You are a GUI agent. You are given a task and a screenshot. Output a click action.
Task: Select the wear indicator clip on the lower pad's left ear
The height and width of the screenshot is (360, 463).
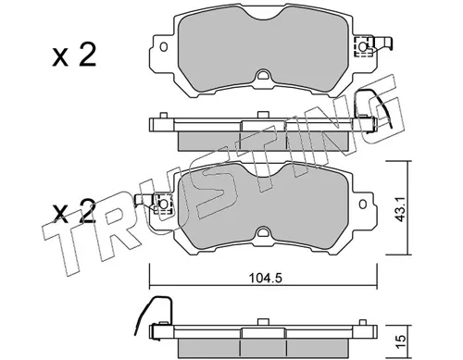tap(151, 200)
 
